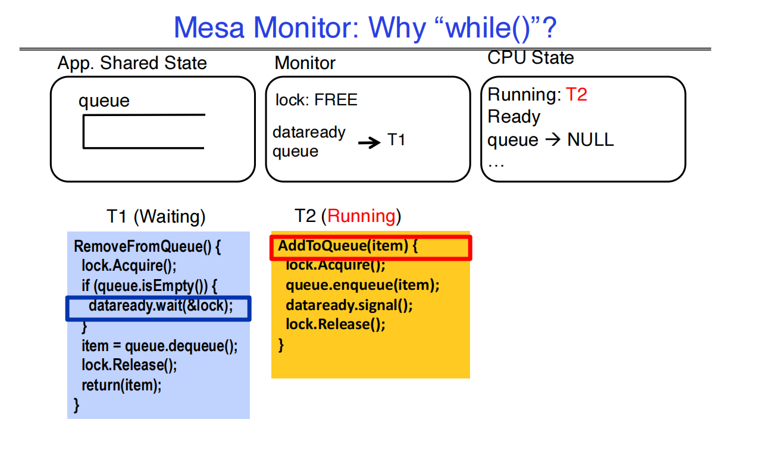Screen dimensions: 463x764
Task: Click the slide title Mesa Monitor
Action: point(365,27)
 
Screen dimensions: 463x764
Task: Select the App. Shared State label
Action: point(132,63)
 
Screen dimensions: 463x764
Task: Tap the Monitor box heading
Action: point(305,63)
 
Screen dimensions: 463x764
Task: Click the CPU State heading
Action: point(531,58)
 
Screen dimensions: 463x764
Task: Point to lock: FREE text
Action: point(316,100)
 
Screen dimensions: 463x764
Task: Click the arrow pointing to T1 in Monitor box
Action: point(369,142)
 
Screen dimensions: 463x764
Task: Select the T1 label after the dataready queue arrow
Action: point(396,140)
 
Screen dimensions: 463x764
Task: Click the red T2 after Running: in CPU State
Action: point(576,95)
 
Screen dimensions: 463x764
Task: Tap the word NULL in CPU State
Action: point(590,140)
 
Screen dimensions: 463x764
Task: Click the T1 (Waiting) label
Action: point(156,216)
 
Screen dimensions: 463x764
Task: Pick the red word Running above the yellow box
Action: point(361,216)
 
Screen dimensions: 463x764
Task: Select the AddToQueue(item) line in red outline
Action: point(348,246)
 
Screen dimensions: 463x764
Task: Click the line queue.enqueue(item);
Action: point(362,285)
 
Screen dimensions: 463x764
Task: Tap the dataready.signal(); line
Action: point(349,305)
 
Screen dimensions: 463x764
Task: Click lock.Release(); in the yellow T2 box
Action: point(335,324)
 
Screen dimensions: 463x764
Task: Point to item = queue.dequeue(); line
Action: point(159,346)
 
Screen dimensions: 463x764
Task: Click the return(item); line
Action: point(121,385)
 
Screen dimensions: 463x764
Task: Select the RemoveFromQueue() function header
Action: point(147,247)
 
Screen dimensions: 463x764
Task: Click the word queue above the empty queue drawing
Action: point(104,101)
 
